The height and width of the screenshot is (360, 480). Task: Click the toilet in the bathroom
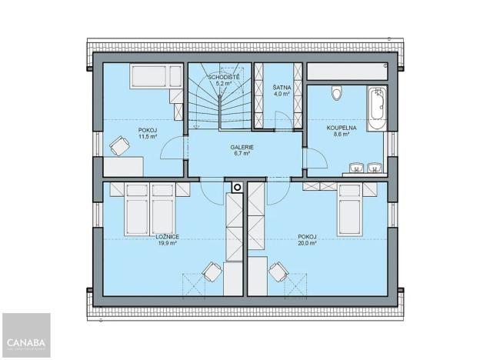coord(334,94)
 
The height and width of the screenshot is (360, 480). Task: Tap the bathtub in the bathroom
coord(375,110)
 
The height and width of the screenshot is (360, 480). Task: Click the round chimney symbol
coord(236,186)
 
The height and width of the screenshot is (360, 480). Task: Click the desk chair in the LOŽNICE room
coord(210,270)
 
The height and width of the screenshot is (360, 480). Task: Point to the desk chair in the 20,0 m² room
coord(278,270)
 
